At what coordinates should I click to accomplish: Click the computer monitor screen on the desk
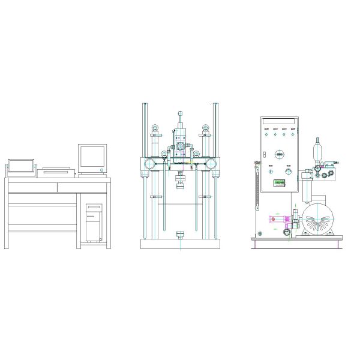point(92,157)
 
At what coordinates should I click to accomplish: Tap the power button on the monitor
point(103,171)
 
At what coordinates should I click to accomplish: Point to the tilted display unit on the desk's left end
point(21,166)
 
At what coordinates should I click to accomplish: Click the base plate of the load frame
point(180,244)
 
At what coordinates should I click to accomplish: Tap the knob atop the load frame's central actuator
point(179,113)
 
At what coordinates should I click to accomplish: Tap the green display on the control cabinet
point(280,183)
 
